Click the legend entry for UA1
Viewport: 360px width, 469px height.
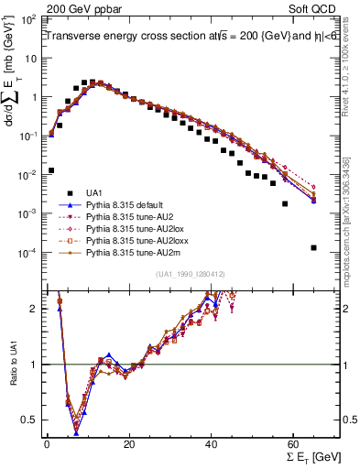click(95, 193)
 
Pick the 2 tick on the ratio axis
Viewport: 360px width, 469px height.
click(35, 309)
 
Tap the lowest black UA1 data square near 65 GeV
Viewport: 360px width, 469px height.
click(314, 247)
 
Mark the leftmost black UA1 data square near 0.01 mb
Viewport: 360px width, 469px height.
click(51, 170)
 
